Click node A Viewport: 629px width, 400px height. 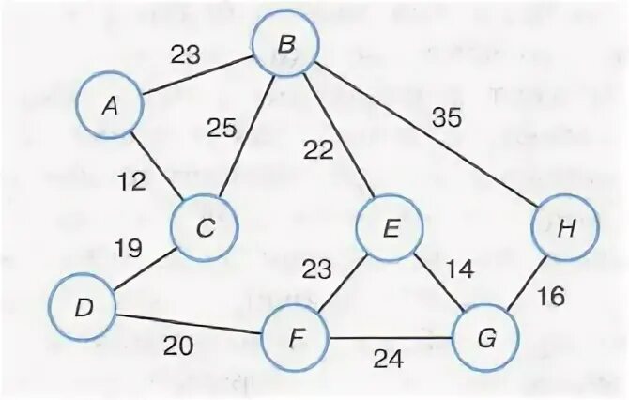pyautogui.click(x=110, y=106)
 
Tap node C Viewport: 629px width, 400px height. pyautogui.click(x=204, y=225)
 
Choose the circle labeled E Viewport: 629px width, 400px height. pyautogui.click(x=390, y=227)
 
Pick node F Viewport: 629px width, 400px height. pyautogui.click(x=297, y=335)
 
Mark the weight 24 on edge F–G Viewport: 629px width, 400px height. pyautogui.click(x=386, y=357)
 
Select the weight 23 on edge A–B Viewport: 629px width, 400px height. pyautogui.click(x=186, y=54)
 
